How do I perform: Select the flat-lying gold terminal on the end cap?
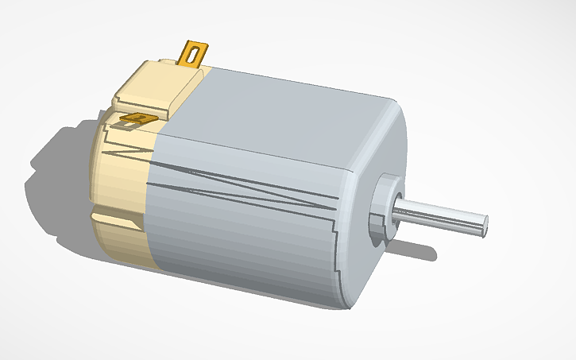pos(137,120)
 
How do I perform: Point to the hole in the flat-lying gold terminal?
pos(141,119)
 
